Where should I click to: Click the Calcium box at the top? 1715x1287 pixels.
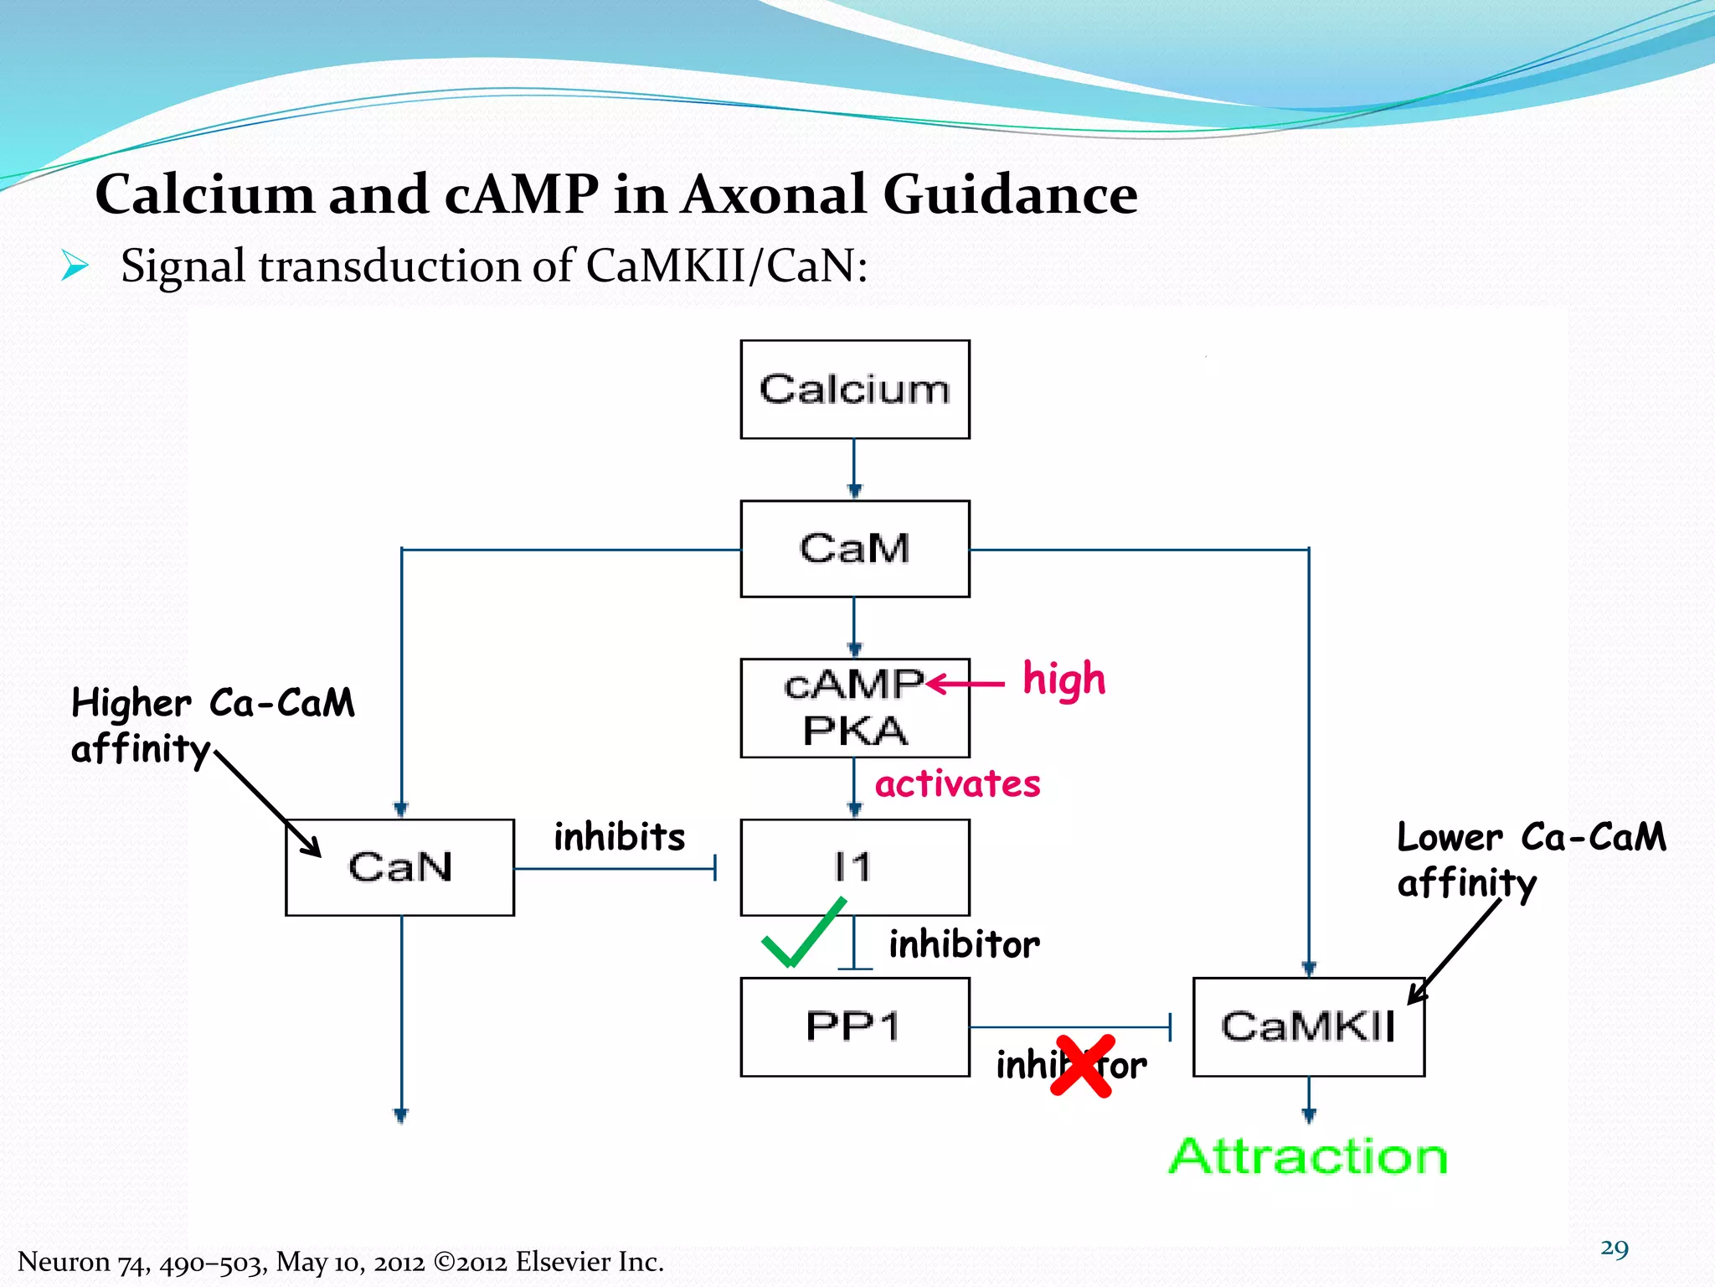pos(854,390)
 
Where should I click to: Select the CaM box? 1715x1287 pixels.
pos(854,549)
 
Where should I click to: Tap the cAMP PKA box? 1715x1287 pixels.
pos(854,708)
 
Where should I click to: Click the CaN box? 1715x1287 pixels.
pos(399,867)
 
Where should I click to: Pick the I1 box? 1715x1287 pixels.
pos(854,867)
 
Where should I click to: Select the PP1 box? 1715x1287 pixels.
pos(854,1026)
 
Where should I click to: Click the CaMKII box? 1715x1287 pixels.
pos(1308,1026)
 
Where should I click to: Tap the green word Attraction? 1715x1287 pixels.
pos(1308,1156)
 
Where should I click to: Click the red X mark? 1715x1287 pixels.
pos(1083,1066)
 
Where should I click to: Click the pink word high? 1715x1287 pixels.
pos(1064,680)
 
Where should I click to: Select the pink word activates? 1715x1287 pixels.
pos(957,784)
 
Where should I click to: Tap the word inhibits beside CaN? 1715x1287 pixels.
pos(620,837)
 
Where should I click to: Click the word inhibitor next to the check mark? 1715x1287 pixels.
pos(964,944)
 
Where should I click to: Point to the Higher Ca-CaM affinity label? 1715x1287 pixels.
pos(209,725)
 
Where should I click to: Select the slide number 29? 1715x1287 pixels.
pos(1614,1248)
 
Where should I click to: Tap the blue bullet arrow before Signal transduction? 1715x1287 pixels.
pos(75,267)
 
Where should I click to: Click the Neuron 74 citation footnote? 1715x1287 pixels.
pos(340,1261)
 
